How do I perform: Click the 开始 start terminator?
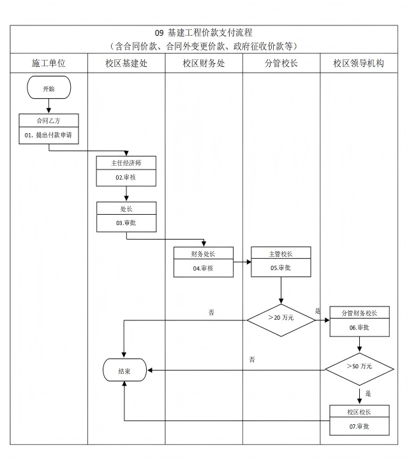pos(48,89)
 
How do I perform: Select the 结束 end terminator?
pos(125,370)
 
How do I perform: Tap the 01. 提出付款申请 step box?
pos(48,136)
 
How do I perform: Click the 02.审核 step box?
pos(126,177)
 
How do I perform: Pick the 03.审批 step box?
pos(126,223)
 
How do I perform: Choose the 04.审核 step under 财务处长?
pos(203,268)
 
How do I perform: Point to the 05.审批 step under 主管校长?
pos(281,268)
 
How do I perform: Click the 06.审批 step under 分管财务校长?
pos(359,327)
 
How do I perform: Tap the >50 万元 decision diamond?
pos(359,366)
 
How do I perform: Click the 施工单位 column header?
pos(48,64)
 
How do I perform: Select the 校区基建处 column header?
pos(126,64)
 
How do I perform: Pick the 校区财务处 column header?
pos(204,64)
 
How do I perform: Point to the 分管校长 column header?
pos(281,64)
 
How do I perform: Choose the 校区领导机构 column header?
pos(359,64)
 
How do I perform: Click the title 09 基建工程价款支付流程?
pos(204,32)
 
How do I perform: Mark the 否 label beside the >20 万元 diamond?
pos(211,313)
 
